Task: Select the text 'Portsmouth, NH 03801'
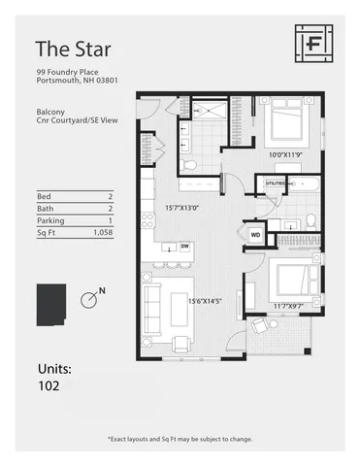(x=77, y=82)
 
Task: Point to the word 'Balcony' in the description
(x=51, y=111)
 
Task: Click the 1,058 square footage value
(x=102, y=233)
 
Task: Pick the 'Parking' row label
(x=50, y=220)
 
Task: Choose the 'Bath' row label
(x=44, y=208)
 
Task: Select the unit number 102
(x=49, y=385)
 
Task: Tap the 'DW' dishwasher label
(x=184, y=247)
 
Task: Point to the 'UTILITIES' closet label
(x=274, y=183)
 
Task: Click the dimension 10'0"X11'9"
(x=289, y=154)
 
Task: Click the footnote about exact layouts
(x=180, y=439)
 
